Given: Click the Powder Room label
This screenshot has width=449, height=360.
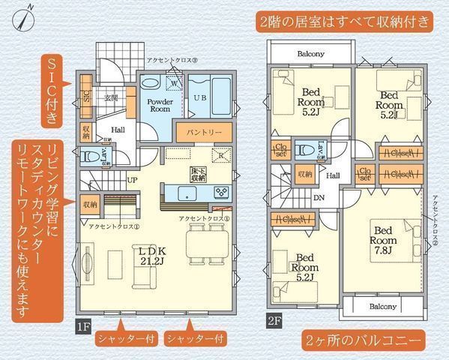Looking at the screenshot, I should [159, 104].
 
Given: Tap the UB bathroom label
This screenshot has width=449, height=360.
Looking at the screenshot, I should [201, 98].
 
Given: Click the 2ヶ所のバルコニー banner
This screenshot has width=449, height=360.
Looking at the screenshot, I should [367, 340].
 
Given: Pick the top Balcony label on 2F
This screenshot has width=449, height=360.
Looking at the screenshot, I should [310, 53].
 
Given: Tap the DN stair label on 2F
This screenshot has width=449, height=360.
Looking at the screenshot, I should [319, 198].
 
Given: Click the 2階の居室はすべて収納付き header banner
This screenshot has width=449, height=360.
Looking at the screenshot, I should [346, 21].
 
